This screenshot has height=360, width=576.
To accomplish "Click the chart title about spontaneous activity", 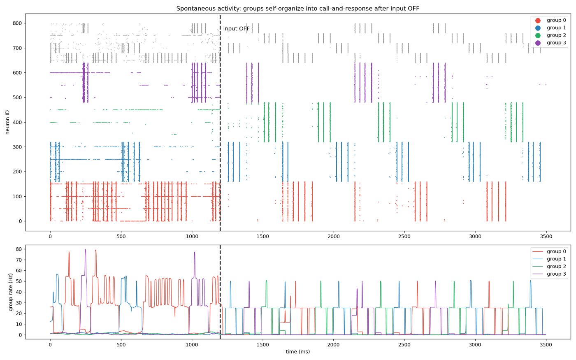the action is (297, 9).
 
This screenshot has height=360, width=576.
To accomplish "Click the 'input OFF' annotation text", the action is (236, 28).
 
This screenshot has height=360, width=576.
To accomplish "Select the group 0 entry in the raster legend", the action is (550, 20).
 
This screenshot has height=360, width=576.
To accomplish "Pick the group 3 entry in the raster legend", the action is (550, 43).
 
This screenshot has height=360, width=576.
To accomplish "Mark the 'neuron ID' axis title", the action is (8, 122).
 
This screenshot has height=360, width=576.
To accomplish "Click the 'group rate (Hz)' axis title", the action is (11, 292).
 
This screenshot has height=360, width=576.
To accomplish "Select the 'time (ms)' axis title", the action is (297, 351).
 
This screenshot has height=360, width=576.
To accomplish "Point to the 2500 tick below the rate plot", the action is (404, 345).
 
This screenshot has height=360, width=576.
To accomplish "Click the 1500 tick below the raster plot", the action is (262, 236).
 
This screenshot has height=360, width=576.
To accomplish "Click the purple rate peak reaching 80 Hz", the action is (86, 249).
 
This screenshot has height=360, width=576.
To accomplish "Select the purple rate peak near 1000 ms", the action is (194, 252).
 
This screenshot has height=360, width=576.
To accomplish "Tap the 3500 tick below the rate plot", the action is (546, 345).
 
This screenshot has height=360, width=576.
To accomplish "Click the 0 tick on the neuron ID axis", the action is (20, 221).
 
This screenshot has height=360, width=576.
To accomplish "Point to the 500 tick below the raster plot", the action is (121, 236).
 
